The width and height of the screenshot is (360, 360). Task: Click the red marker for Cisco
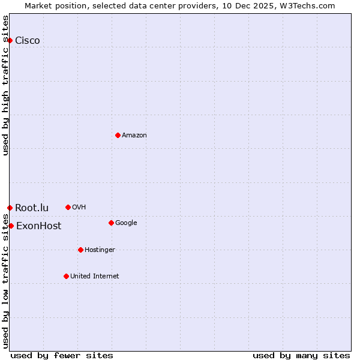pyautogui.click(x=10, y=40)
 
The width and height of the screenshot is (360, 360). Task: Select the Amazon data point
pyautogui.click(x=118, y=135)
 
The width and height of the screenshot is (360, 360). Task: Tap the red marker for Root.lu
pyautogui.click(x=10, y=208)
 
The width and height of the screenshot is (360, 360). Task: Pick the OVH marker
pyautogui.click(x=68, y=207)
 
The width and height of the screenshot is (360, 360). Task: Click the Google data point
pyautogui.click(x=111, y=223)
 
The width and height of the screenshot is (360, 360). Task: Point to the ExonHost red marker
pyautogui.click(x=11, y=226)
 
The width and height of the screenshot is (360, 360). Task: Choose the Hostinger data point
pyautogui.click(x=80, y=250)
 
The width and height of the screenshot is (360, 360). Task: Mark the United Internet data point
pyautogui.click(x=66, y=276)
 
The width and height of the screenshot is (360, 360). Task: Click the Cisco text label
pyautogui.click(x=28, y=41)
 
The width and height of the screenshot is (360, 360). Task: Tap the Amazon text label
pyautogui.click(x=134, y=136)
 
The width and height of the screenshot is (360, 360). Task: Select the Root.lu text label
pyautogui.click(x=32, y=208)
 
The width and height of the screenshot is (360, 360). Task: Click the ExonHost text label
pyautogui.click(x=38, y=226)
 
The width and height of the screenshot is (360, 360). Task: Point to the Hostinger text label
pyautogui.click(x=100, y=250)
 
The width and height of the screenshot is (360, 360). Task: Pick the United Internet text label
pyautogui.click(x=94, y=277)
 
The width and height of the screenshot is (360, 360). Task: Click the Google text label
pyautogui.click(x=126, y=223)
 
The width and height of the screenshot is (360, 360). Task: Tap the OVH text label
pyautogui.click(x=79, y=208)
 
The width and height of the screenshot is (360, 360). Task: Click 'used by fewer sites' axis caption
pyautogui.click(x=62, y=355)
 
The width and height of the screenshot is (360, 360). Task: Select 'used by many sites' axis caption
pyautogui.click(x=301, y=355)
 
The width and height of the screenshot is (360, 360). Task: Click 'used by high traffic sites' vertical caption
pyautogui.click(x=6, y=85)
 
